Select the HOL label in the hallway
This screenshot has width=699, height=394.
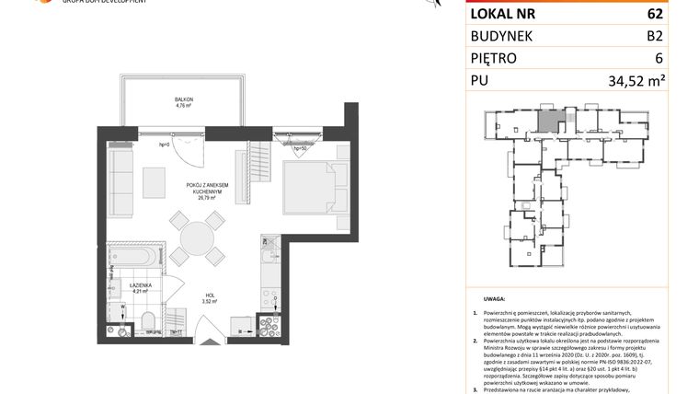click(209, 295)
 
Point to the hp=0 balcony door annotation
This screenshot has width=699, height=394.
click(166, 145)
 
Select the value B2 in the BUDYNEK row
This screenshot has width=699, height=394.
click(656, 36)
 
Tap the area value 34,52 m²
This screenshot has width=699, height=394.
click(636, 82)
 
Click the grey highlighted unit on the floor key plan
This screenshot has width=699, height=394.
click(547, 118)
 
